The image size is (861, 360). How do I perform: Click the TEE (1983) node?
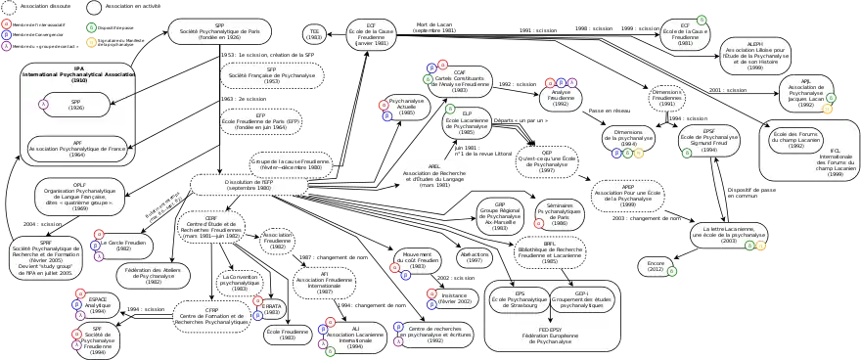tap(314, 33)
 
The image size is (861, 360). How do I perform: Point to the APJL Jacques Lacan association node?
tap(805, 94)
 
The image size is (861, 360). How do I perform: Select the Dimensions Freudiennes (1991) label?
tap(666, 99)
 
